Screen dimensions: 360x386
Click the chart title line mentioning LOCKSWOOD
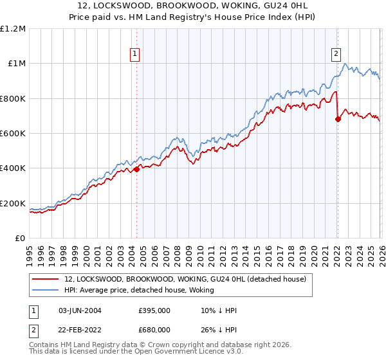tap(192, 6)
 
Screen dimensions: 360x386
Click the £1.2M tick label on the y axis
tap(13, 29)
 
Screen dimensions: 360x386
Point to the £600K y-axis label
tap(13, 134)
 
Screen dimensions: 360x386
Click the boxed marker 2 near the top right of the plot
tap(336, 55)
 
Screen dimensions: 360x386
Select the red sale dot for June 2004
tap(136, 170)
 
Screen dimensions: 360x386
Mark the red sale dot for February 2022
tap(338, 119)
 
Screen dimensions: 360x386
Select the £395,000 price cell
tap(154, 310)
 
